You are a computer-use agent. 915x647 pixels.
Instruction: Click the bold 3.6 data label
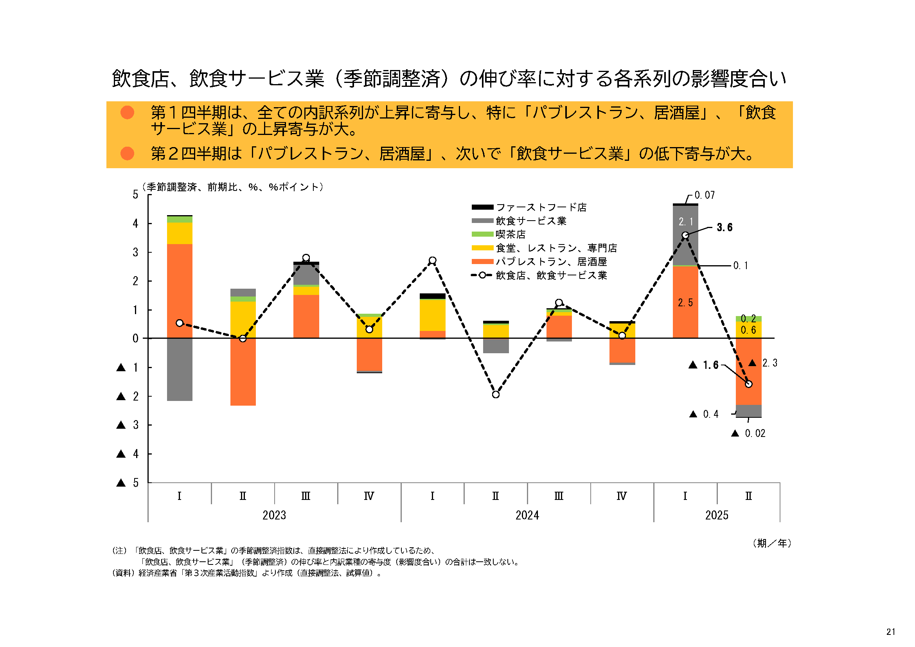[724, 227]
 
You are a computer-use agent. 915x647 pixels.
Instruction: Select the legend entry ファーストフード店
[541, 207]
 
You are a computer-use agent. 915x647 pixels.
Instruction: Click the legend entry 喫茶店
[510, 234]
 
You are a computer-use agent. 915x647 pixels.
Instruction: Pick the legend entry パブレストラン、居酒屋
[551, 262]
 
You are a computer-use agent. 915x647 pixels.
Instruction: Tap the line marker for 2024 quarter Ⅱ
[495, 394]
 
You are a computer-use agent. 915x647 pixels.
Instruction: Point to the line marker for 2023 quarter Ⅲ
[306, 258]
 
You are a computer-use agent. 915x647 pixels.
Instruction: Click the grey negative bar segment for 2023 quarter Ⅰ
[179, 369]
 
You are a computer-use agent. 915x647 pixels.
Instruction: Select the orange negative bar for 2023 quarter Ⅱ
[243, 372]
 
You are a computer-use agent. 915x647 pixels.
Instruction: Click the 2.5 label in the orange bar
[685, 303]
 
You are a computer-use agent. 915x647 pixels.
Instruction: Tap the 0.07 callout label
[704, 195]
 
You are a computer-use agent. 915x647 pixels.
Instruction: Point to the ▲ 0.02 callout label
[748, 433]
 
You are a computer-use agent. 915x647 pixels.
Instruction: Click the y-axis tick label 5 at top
[135, 194]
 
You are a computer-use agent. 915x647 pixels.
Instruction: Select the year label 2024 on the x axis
[527, 515]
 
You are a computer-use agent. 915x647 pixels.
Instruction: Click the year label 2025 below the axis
[717, 515]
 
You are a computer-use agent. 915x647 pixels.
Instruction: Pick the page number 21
[891, 632]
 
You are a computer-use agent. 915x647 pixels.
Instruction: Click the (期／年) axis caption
[771, 543]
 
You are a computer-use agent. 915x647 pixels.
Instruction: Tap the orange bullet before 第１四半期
[127, 112]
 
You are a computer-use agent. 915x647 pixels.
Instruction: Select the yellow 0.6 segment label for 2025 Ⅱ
[748, 330]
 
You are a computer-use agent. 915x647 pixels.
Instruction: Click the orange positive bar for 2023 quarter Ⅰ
[179, 291]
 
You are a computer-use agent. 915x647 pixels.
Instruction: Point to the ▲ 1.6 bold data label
[704, 365]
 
